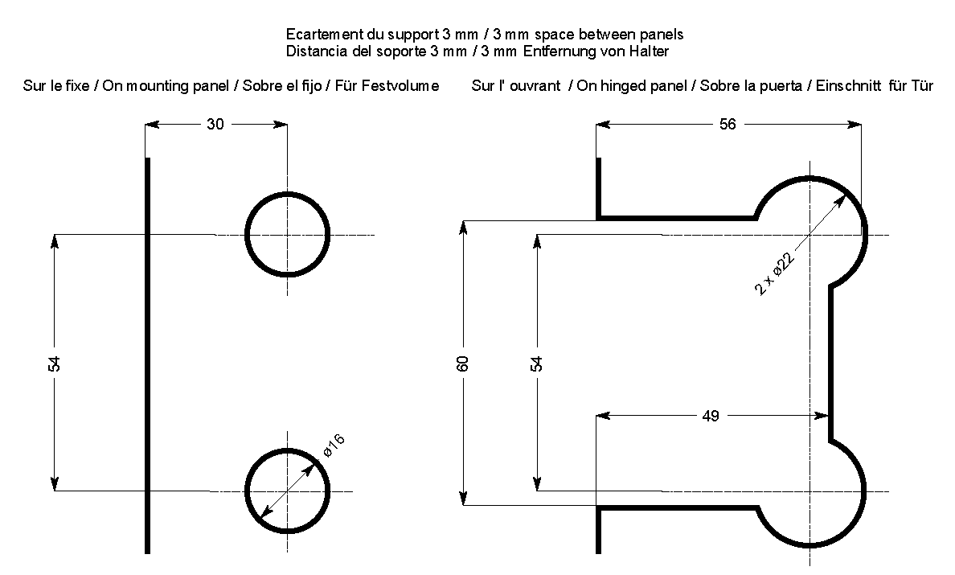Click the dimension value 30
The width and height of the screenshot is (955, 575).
(x=215, y=124)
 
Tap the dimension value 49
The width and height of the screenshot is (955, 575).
(x=710, y=416)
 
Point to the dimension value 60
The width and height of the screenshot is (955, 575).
(x=462, y=363)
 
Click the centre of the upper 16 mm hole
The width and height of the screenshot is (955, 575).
(x=287, y=235)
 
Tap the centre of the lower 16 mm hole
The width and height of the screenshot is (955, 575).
(x=287, y=491)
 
